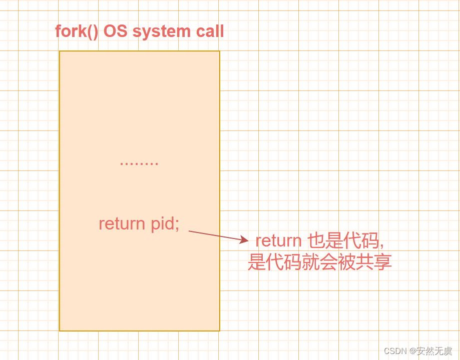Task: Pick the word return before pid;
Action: tap(122, 223)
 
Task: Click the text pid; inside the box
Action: tap(165, 223)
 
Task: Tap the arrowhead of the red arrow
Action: tap(245, 240)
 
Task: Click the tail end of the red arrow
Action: tap(189, 231)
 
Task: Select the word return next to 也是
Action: tap(278, 240)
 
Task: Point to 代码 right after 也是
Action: tap(361, 240)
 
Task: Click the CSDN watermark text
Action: tap(395, 350)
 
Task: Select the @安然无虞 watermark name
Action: tap(431, 350)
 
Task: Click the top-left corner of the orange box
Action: tap(60, 51)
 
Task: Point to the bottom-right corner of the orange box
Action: tap(220, 330)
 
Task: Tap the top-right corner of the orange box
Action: tap(220, 51)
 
